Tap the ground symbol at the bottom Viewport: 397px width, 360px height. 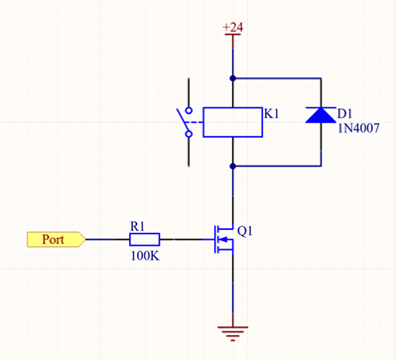(x=232, y=330)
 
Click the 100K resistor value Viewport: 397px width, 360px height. (x=143, y=256)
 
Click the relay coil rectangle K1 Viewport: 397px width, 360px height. (x=231, y=121)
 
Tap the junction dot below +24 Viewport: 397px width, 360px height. (x=232, y=77)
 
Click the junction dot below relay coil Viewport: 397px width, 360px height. (x=232, y=165)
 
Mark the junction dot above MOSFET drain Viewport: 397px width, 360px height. (x=232, y=197)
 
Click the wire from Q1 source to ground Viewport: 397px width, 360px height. (x=232, y=293)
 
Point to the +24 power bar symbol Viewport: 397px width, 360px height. (x=232, y=39)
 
